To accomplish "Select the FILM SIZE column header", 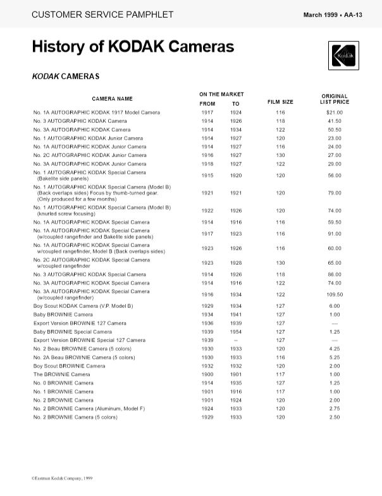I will point(280,101).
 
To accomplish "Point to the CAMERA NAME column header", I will point(113,99).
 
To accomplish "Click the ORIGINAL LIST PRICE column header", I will point(335,99).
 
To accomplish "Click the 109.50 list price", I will point(335,294).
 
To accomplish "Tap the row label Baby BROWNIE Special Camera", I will point(73,331).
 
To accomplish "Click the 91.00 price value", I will point(335,234).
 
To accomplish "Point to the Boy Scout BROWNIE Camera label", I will point(70,366).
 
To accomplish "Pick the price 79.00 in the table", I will point(335,193).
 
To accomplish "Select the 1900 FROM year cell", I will point(207,374).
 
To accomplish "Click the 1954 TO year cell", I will point(235,331).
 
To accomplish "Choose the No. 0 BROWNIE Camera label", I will point(63,383).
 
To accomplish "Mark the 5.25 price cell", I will point(335,357).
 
